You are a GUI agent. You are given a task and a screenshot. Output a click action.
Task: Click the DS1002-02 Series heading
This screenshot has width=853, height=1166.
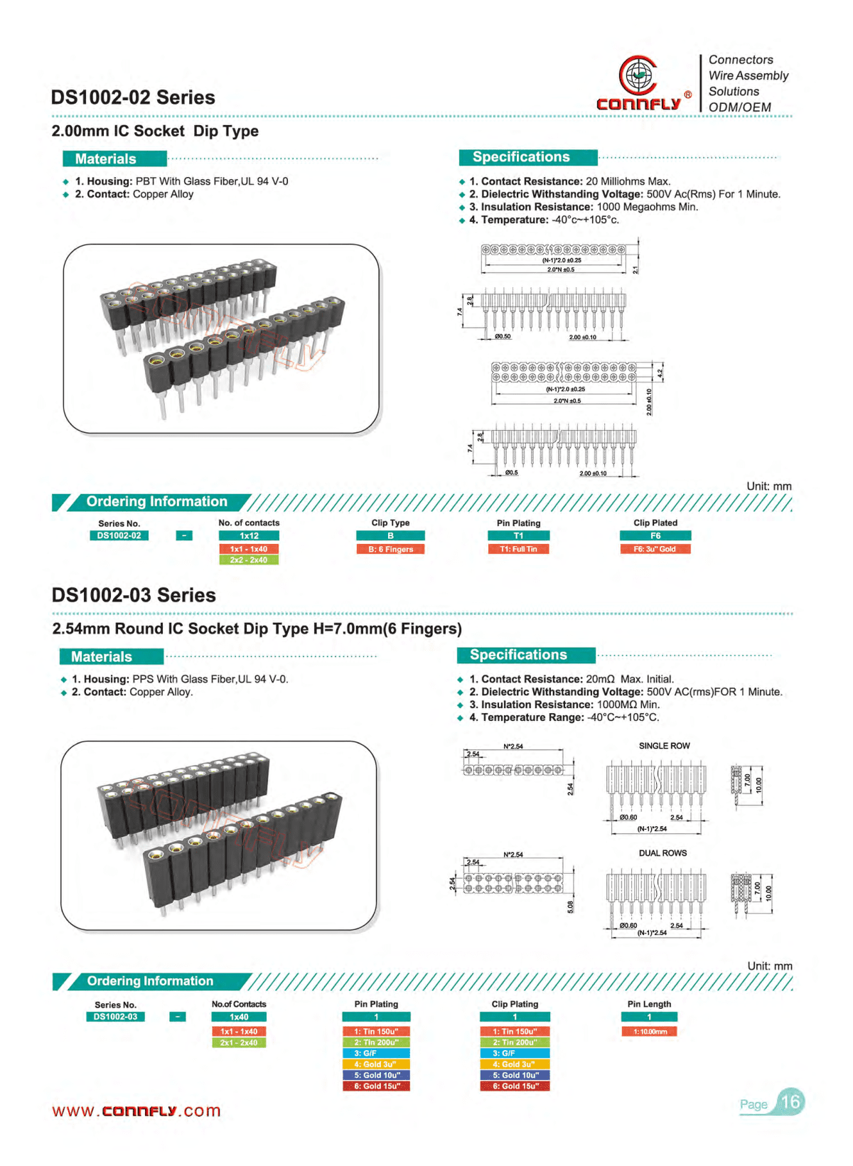pyautogui.click(x=133, y=97)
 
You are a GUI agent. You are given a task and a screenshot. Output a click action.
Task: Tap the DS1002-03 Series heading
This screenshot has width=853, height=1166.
pyautogui.click(x=134, y=595)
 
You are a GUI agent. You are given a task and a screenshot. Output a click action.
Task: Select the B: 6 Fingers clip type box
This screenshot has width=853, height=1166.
pyautogui.click(x=390, y=549)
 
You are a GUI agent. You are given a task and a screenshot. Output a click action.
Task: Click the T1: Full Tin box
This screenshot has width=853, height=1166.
pyautogui.click(x=518, y=549)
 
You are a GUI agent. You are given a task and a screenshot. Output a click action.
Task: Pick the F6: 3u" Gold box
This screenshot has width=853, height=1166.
pyautogui.click(x=655, y=549)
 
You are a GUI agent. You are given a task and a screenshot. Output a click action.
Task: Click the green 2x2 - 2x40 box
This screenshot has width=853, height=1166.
pyautogui.click(x=248, y=560)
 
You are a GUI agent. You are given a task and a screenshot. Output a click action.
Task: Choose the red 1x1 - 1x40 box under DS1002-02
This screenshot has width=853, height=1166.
pyautogui.click(x=248, y=549)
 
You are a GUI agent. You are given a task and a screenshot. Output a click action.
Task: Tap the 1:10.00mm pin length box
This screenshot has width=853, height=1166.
pyautogui.click(x=649, y=1031)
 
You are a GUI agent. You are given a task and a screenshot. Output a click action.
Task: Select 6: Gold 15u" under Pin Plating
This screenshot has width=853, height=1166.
pyautogui.click(x=377, y=1086)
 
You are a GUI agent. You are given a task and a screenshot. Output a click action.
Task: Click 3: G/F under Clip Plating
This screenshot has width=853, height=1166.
pyautogui.click(x=515, y=1053)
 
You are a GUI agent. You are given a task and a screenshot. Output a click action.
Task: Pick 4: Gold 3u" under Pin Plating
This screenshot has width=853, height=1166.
pyautogui.click(x=377, y=1064)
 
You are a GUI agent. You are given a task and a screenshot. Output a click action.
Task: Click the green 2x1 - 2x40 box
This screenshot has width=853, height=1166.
pyautogui.click(x=239, y=1042)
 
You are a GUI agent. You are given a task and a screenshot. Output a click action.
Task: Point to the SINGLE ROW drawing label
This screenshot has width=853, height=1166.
pyautogui.click(x=664, y=746)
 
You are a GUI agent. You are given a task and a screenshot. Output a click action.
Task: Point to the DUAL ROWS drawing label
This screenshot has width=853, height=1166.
pyautogui.click(x=662, y=853)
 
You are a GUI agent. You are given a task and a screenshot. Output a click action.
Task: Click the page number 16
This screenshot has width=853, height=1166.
pyautogui.click(x=790, y=1102)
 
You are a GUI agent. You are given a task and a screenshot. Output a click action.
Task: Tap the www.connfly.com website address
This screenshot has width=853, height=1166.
pyautogui.click(x=136, y=1111)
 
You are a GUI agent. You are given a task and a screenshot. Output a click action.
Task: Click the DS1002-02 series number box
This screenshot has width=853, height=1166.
pyautogui.click(x=119, y=535)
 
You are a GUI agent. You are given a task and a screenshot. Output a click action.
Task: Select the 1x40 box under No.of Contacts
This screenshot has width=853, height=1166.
pyautogui.click(x=239, y=1017)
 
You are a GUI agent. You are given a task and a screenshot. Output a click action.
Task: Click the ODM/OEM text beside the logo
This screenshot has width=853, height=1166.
pyautogui.click(x=739, y=107)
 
